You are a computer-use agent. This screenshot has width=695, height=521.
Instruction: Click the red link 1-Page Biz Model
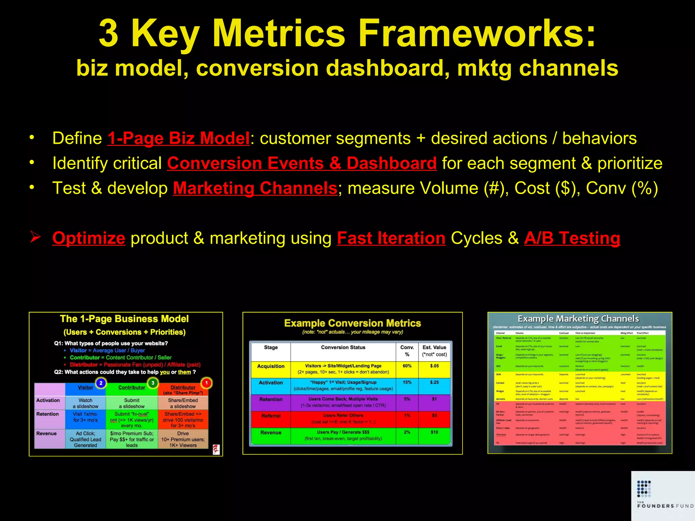(179, 138)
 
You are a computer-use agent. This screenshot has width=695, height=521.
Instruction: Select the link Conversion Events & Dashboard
(302, 163)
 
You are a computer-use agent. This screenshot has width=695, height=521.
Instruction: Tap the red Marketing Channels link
(255, 188)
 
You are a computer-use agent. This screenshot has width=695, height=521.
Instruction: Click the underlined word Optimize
(89, 238)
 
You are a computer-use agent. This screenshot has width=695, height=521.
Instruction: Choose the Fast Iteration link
(391, 238)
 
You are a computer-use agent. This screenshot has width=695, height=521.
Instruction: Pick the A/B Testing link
(572, 238)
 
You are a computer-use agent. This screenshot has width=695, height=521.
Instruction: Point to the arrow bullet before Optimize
(35, 237)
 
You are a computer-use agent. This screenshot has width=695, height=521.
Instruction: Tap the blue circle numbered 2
(101, 383)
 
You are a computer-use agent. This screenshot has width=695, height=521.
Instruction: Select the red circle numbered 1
(206, 383)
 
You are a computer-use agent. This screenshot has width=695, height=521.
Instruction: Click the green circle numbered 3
(153, 383)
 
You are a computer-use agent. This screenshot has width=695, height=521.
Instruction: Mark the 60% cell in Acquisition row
(407, 366)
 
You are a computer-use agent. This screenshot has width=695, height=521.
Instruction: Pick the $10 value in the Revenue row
(434, 432)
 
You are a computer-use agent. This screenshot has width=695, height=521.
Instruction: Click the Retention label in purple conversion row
(270, 400)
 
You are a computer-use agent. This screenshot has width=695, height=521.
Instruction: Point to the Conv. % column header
(407, 351)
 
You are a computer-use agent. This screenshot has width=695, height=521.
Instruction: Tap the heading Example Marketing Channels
(578, 319)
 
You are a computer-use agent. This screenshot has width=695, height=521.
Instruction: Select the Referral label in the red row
(271, 416)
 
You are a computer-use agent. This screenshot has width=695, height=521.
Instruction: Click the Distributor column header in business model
(183, 387)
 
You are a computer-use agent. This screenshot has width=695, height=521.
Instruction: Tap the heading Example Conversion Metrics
(352, 323)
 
